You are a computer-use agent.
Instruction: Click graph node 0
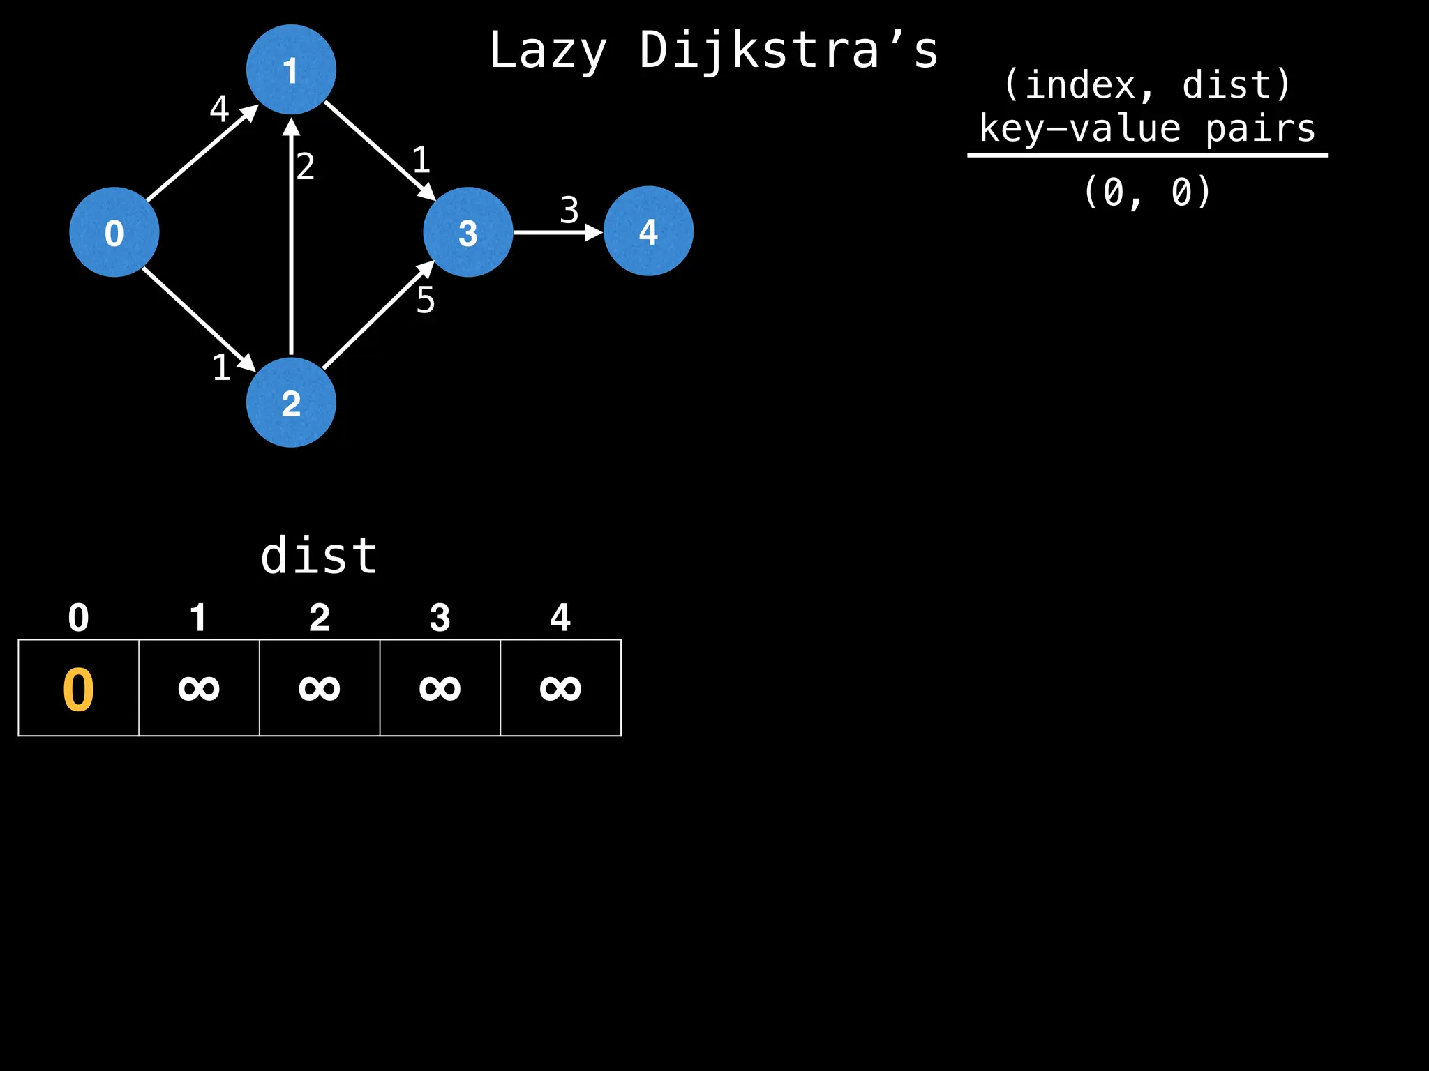pos(114,232)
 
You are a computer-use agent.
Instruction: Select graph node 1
pos(291,70)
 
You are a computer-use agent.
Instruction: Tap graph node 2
pos(291,402)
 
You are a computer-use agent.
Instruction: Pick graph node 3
pos(468,232)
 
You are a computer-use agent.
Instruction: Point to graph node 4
pos(648,231)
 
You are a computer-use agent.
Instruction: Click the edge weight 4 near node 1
pos(219,109)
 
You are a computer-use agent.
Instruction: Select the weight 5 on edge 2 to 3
pos(426,301)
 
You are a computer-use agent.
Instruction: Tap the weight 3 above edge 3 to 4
pos(569,210)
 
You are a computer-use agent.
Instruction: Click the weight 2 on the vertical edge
pos(306,167)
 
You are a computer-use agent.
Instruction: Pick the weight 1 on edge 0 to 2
pos(221,367)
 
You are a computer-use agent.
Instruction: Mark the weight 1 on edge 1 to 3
pos(421,160)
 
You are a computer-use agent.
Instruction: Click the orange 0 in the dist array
pos(78,690)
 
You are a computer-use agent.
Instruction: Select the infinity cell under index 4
pos(560,688)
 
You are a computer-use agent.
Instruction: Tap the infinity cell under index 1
pos(199,688)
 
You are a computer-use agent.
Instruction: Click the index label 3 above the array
pos(440,618)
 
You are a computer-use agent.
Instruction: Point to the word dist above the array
pos(319,556)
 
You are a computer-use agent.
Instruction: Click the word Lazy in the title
pos(548,51)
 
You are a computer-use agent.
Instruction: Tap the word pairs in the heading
pos(1259,129)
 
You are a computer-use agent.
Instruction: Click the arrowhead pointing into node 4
pos(594,232)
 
